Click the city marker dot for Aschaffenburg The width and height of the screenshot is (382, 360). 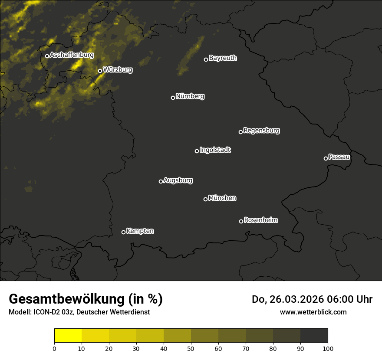point(47,56)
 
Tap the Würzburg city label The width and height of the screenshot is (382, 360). point(118,69)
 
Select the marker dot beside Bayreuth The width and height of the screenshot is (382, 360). point(206,59)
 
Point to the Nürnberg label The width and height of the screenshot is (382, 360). point(190,96)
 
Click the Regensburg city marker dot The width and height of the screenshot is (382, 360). point(240,132)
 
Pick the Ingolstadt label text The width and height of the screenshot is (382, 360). point(215,150)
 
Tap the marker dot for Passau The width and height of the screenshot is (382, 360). point(326,158)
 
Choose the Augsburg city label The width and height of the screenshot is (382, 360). point(178,180)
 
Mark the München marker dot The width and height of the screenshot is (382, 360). point(205,199)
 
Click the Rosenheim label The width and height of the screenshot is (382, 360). point(261,220)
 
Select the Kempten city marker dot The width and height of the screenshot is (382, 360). point(123,232)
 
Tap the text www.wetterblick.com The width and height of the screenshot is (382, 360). point(313,312)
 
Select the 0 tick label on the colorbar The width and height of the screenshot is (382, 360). point(54,348)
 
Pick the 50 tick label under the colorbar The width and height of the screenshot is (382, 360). point(191,348)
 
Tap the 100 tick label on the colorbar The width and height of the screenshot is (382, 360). point(328,348)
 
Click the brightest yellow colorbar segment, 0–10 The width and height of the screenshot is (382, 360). point(68,336)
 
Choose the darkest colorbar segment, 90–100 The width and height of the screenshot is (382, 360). point(314,336)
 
